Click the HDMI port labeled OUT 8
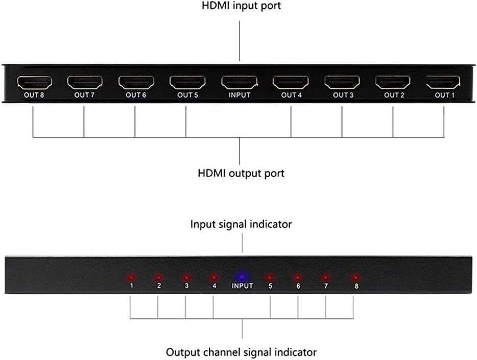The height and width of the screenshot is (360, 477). coord(35,82)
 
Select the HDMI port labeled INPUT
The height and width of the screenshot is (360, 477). coord(240,82)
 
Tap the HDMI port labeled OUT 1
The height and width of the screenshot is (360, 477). coord(443,82)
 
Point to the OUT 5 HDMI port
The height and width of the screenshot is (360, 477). coord(188,82)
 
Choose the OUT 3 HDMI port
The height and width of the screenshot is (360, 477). coord(342,82)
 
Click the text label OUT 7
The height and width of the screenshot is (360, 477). coord(84,95)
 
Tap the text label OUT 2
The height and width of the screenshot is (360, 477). coord(394,95)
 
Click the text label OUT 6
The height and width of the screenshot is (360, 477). coord(136,95)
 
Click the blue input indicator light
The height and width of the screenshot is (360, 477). coord(242,276)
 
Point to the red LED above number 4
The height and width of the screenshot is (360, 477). coord(214,277)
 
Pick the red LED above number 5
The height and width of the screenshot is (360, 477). coord(270,277)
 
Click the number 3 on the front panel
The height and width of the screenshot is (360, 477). coord(186,286)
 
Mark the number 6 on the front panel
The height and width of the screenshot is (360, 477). coord(298,286)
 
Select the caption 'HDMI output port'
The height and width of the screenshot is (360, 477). coord(241,173)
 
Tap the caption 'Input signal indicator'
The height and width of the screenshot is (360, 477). coord(242,224)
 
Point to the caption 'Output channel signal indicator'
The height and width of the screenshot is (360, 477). coord(242,352)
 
